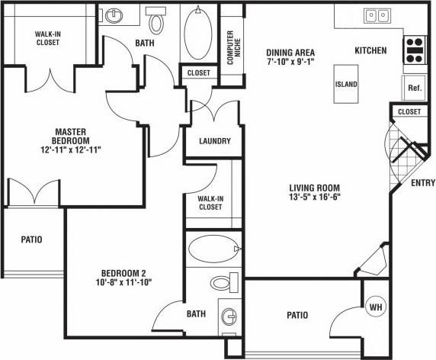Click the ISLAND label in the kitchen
[x=345, y=84]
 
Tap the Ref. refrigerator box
[x=415, y=87]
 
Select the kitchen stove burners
[x=415, y=50]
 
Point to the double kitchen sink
[x=376, y=14]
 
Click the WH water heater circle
[x=375, y=307]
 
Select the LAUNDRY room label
[x=214, y=141]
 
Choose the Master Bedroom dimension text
[x=73, y=150]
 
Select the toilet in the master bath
[x=157, y=21]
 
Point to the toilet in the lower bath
[x=222, y=283]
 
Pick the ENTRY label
[x=422, y=183]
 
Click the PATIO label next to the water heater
[x=297, y=314]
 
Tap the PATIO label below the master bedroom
[x=31, y=239]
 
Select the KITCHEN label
[x=370, y=51]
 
